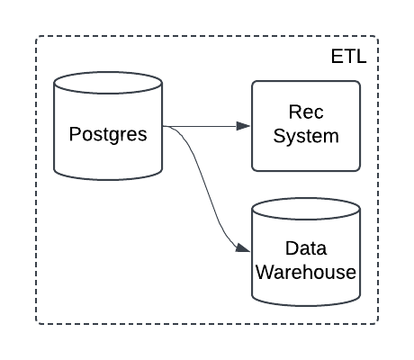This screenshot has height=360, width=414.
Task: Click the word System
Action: [305, 137]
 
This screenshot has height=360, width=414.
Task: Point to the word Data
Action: [305, 247]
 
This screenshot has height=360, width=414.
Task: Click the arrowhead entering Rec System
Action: [244, 126]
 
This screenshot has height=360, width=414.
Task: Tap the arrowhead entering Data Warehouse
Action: [244, 248]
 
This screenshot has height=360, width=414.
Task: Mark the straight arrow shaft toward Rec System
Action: [202, 126]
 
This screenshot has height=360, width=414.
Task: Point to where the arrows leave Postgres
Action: [164, 126]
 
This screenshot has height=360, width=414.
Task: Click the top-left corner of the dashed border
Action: [37, 37]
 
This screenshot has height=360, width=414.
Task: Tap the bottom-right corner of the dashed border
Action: [378, 323]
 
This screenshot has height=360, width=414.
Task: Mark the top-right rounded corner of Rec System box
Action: [356, 85]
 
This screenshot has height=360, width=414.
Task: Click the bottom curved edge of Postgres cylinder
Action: [108, 175]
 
